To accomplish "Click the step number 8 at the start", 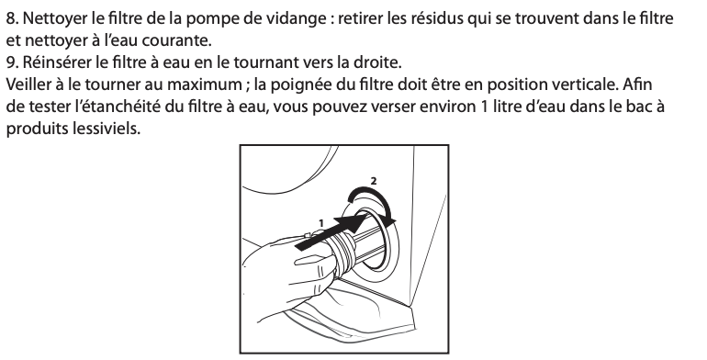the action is tap(12, 18).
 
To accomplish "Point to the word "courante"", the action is tap(176, 40).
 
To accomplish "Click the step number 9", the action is tap(12, 62).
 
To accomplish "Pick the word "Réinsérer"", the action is tap(57, 62).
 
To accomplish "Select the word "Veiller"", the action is tap(27, 84).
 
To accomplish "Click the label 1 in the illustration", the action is tap(321, 223).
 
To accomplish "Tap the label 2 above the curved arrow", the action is tap(374, 180).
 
